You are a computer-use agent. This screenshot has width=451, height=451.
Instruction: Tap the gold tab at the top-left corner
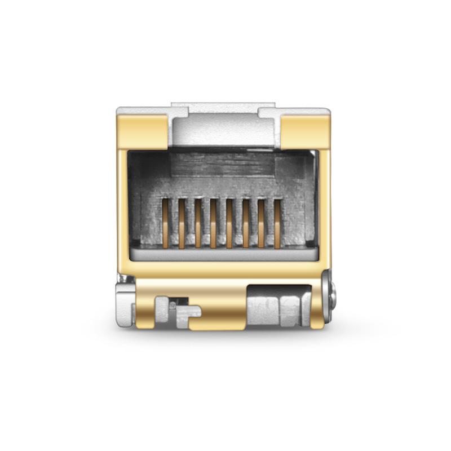pos(141,130)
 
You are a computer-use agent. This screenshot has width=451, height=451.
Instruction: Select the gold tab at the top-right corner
pos(304,130)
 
